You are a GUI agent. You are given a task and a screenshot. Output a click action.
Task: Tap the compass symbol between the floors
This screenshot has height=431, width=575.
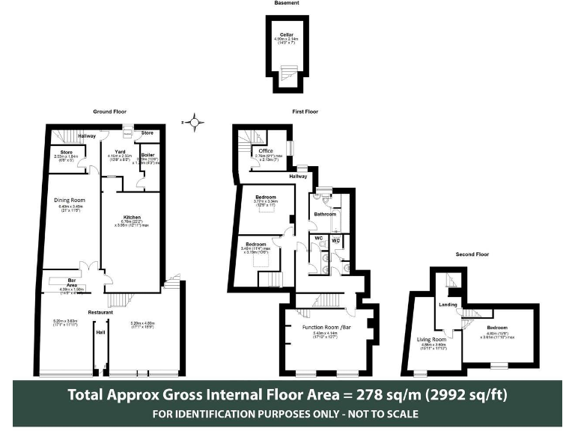195,121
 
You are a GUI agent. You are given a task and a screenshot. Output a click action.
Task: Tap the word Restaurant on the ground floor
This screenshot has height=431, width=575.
101,311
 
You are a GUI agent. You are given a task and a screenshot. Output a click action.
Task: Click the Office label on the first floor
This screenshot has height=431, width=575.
266,151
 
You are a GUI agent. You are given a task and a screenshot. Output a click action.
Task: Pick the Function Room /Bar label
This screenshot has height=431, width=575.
326,328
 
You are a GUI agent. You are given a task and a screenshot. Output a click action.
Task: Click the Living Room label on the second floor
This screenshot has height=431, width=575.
431,339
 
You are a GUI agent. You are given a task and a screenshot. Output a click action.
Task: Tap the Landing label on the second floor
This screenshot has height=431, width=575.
448,305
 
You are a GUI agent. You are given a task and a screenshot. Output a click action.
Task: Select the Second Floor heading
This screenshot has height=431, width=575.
472,254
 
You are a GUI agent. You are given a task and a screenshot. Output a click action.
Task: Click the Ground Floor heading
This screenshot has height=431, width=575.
108,111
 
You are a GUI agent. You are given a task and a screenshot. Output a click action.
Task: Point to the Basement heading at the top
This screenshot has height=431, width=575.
287,4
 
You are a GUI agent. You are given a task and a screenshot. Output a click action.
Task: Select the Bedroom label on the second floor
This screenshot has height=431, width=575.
497,328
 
